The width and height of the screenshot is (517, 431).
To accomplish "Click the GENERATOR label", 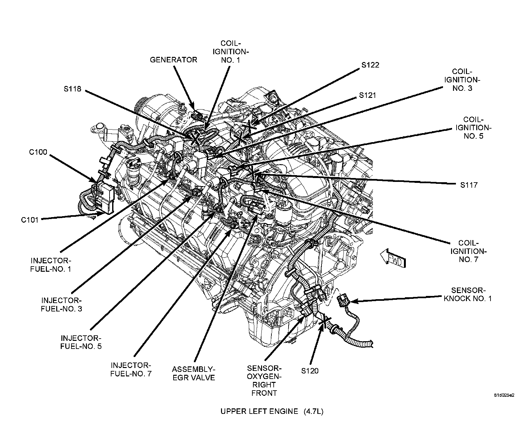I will pos(173,60).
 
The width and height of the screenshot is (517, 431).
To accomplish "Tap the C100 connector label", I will pos(38,152).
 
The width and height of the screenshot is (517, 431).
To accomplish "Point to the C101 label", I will pos(30,220).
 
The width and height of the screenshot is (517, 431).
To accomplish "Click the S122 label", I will pos(370,65).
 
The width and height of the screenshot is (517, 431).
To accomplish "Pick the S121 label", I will pos(367,96).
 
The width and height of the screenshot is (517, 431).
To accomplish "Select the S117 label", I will pos(469,185).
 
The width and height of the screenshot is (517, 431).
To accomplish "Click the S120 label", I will pos(310,371).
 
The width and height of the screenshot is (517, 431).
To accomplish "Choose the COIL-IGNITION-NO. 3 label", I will pos(462,80).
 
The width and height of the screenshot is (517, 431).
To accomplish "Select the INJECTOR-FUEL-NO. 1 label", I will pos(51,265).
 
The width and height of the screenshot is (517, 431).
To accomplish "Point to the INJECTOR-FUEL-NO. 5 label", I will pos(81,342).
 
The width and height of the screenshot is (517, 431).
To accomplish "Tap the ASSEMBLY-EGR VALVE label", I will pos(194,373).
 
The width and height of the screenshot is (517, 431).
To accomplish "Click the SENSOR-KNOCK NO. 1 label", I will pos(468,294).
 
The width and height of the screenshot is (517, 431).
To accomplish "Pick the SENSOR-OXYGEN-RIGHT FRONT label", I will pos(264,381).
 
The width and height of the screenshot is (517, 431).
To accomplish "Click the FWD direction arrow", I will pos(393,259).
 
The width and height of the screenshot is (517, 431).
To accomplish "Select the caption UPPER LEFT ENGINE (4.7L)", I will pos(272,411).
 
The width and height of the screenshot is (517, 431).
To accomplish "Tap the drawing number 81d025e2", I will pos(504,395).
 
